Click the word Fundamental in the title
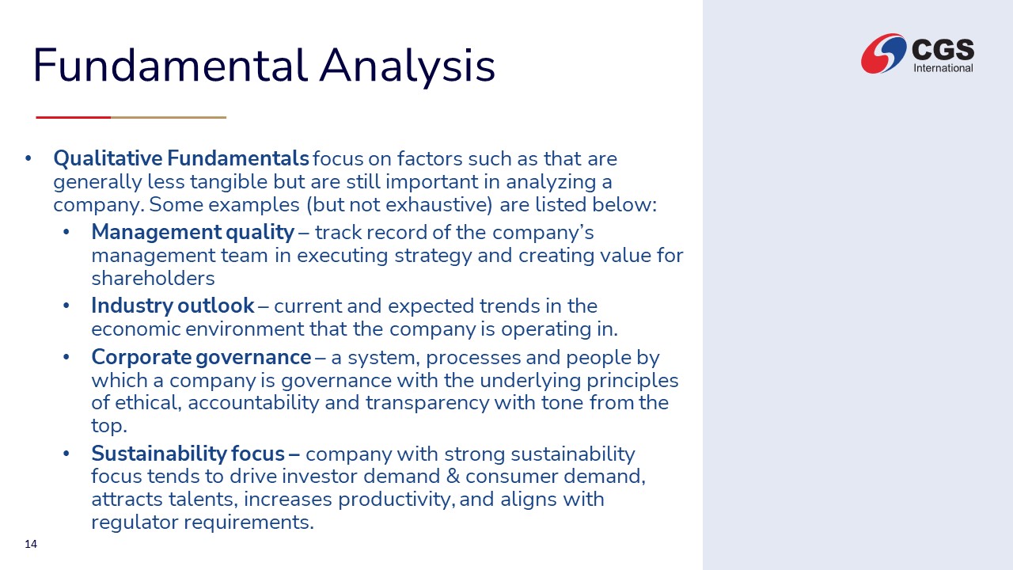pos(170,66)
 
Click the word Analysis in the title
pos(407,68)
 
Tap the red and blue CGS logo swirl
pos(883,53)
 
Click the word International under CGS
pos(943,68)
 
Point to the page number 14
pos(31,544)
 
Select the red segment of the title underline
pos(74,118)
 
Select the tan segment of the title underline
pos(169,118)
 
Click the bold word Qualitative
pos(108,159)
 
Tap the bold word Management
pos(157,233)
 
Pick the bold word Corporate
pos(141,358)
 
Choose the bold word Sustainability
pos(158,454)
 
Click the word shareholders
pos(153,279)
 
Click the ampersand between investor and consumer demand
pos(453,477)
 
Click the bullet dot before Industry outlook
pos(66,306)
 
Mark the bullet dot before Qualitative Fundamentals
pos(28,159)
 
